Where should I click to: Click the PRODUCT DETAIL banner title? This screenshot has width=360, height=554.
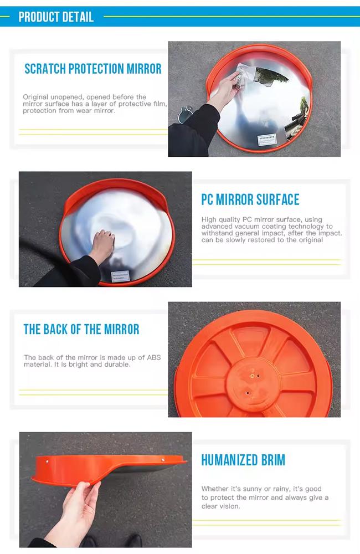coord(56,17)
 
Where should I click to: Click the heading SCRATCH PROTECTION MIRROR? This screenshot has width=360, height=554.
coord(93,69)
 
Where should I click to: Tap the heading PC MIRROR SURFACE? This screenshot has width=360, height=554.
coord(250,199)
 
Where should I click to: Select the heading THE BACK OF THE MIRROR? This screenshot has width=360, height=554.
coord(81,329)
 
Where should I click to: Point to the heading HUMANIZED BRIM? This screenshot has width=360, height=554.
coord(243,460)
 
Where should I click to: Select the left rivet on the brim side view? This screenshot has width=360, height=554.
coord(48,460)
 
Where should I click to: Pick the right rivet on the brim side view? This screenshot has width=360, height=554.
coord(163,459)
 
